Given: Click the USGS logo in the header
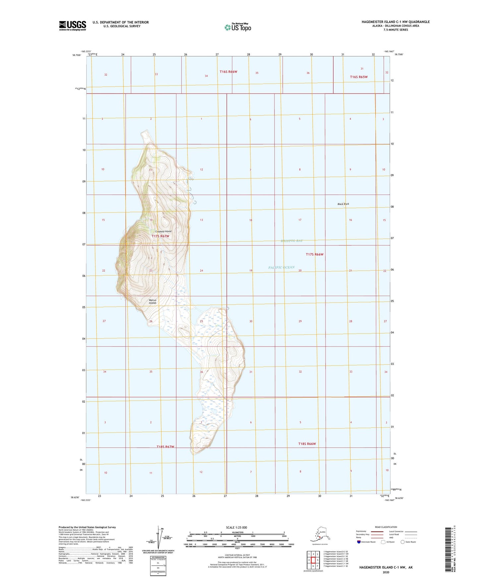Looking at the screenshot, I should point(73,25).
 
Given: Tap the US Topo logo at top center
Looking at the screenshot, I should point(237,27).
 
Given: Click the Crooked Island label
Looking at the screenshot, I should point(163,231).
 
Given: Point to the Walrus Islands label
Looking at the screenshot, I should point(152,301).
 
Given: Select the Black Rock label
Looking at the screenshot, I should point(343,204).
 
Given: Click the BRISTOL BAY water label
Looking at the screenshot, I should point(292,241).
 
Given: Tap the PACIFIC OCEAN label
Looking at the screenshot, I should point(281,267).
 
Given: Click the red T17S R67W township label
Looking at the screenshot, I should point(160,236).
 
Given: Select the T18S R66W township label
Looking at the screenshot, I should point(307,444).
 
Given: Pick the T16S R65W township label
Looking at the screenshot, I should point(359,77).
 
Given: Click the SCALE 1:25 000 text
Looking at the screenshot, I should point(237,527).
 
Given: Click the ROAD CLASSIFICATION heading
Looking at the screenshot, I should point(386,527).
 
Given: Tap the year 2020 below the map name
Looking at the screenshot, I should point(386,572).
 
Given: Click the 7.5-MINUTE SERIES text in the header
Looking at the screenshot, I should point(394,30).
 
